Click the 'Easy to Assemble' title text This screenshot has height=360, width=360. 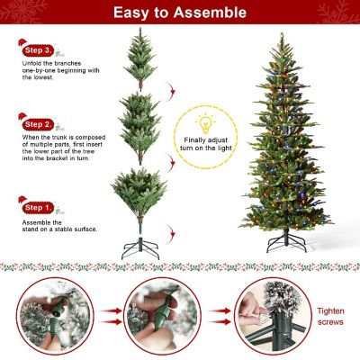click(x=180, y=13)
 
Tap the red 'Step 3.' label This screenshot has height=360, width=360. click(x=39, y=50)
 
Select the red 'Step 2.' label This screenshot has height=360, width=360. click(x=39, y=123)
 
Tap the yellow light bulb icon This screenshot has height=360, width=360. click(x=205, y=121)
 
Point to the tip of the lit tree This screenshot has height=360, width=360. click(x=283, y=36)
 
